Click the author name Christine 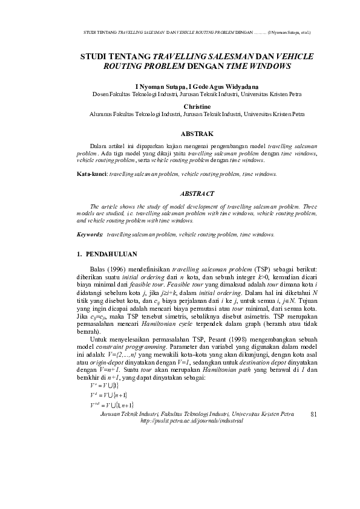pos(197,105)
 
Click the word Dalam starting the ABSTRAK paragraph pos(98,147)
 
